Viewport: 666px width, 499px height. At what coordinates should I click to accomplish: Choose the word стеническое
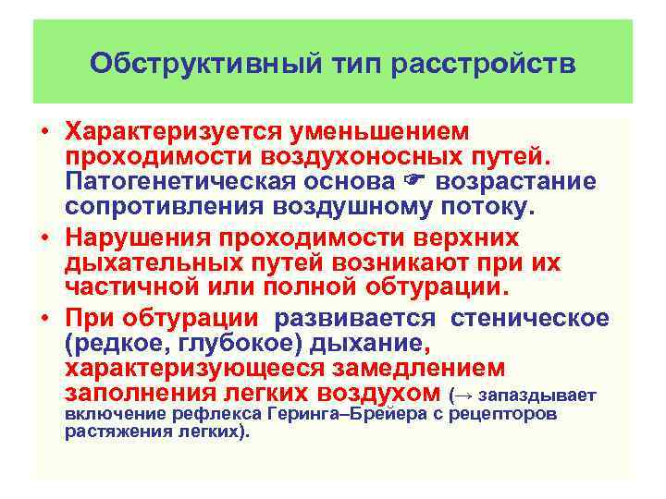coord(530,320)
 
